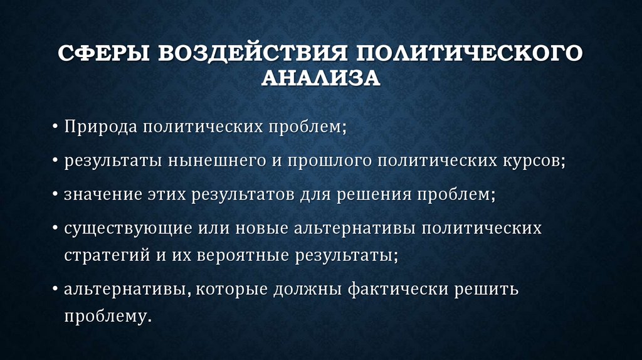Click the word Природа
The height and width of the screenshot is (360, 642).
pyautogui.click(x=100, y=127)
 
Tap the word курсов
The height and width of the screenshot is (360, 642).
pyautogui.click(x=532, y=161)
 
